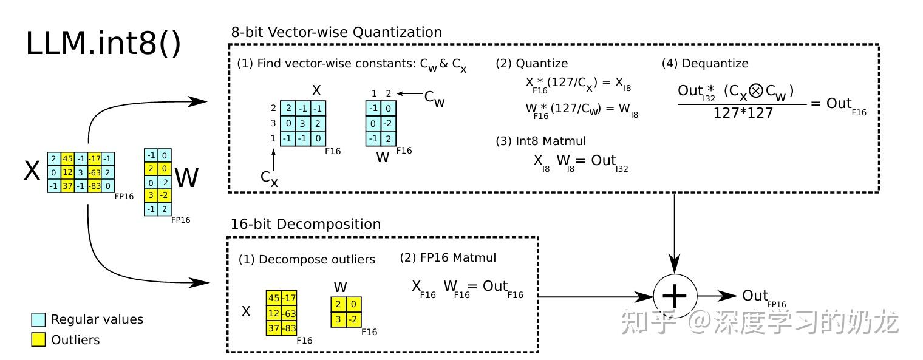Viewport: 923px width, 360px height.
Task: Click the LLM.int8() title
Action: click(x=103, y=44)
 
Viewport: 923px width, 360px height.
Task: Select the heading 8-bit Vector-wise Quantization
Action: click(x=336, y=32)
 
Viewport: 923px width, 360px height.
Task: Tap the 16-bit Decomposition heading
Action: click(x=305, y=224)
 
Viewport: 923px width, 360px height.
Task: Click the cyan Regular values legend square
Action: click(x=38, y=319)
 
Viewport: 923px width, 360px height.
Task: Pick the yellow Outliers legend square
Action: click(x=38, y=340)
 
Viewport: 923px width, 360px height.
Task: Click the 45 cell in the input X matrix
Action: click(x=68, y=159)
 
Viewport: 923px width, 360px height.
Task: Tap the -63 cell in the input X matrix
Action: click(x=94, y=172)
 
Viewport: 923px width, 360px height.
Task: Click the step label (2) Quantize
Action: click(x=531, y=63)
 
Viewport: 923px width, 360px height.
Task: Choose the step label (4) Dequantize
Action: click(x=704, y=63)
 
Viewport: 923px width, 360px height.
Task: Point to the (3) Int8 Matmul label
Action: click(x=541, y=141)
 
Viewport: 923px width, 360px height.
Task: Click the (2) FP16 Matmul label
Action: click(x=448, y=257)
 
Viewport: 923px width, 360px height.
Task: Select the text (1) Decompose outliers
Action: click(x=307, y=259)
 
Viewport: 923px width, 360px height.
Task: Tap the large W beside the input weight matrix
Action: click(x=186, y=178)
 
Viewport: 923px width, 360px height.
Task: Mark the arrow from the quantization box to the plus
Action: click(x=675, y=231)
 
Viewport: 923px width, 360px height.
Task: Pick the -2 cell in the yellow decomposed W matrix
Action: click(x=353, y=319)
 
